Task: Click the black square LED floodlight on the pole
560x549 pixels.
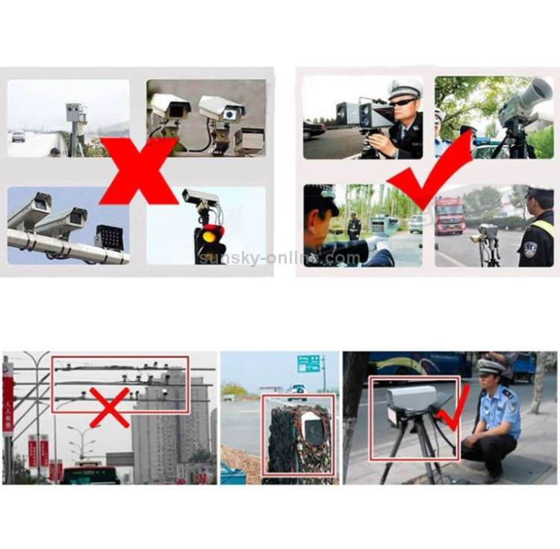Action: (x=109, y=238)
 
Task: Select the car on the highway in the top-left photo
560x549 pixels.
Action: (x=18, y=136)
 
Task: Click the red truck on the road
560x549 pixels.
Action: (x=449, y=215)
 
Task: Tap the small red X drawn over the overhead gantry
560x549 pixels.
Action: (x=110, y=406)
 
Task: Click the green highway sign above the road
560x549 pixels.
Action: (x=308, y=364)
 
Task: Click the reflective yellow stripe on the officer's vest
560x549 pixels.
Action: (x=545, y=228)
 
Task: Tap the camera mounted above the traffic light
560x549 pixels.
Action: (x=200, y=198)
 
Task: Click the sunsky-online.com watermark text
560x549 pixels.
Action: (x=279, y=258)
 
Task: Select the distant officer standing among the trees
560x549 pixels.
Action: (x=354, y=226)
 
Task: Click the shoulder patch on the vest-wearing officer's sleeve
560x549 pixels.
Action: (x=529, y=249)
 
